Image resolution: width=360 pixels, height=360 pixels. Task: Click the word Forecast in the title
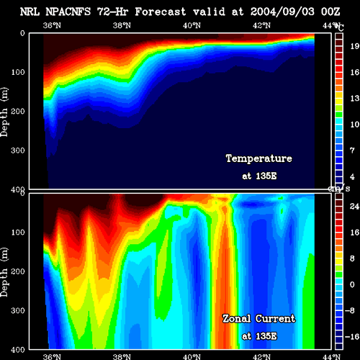pos(161,12)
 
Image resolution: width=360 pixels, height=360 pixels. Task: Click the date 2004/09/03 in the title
pos(282,12)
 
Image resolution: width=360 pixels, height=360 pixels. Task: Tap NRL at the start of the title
pos(30,12)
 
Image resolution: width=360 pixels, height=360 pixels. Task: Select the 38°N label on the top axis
pos(122,25)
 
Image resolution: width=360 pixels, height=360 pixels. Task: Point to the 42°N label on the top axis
pos(261,25)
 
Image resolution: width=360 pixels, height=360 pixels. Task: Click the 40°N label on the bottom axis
pos(192,356)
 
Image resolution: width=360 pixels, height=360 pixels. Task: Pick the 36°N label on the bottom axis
pos(52,356)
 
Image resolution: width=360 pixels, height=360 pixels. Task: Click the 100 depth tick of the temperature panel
pos(18,72)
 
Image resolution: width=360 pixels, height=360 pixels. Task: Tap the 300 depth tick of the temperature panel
pos(18,150)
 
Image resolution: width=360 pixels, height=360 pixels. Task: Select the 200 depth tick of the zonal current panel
pos(18,271)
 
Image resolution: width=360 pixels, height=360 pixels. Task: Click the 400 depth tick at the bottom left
pos(18,350)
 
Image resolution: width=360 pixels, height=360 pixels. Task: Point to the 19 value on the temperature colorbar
pos(355,46)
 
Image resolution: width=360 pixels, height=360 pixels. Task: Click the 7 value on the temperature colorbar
pos(352,150)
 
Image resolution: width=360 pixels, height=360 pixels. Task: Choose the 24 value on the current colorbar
pos(355,207)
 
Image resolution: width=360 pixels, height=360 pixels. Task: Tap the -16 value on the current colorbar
pos(352,337)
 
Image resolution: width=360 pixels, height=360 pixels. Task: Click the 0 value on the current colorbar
pos(352,284)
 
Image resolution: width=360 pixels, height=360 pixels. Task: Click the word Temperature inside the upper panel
pos(259,158)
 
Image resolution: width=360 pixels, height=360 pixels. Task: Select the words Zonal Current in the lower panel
pos(259,319)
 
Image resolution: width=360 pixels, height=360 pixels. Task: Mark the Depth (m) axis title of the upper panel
pos(4,112)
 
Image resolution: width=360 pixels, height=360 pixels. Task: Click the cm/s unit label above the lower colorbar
pos(339,189)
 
